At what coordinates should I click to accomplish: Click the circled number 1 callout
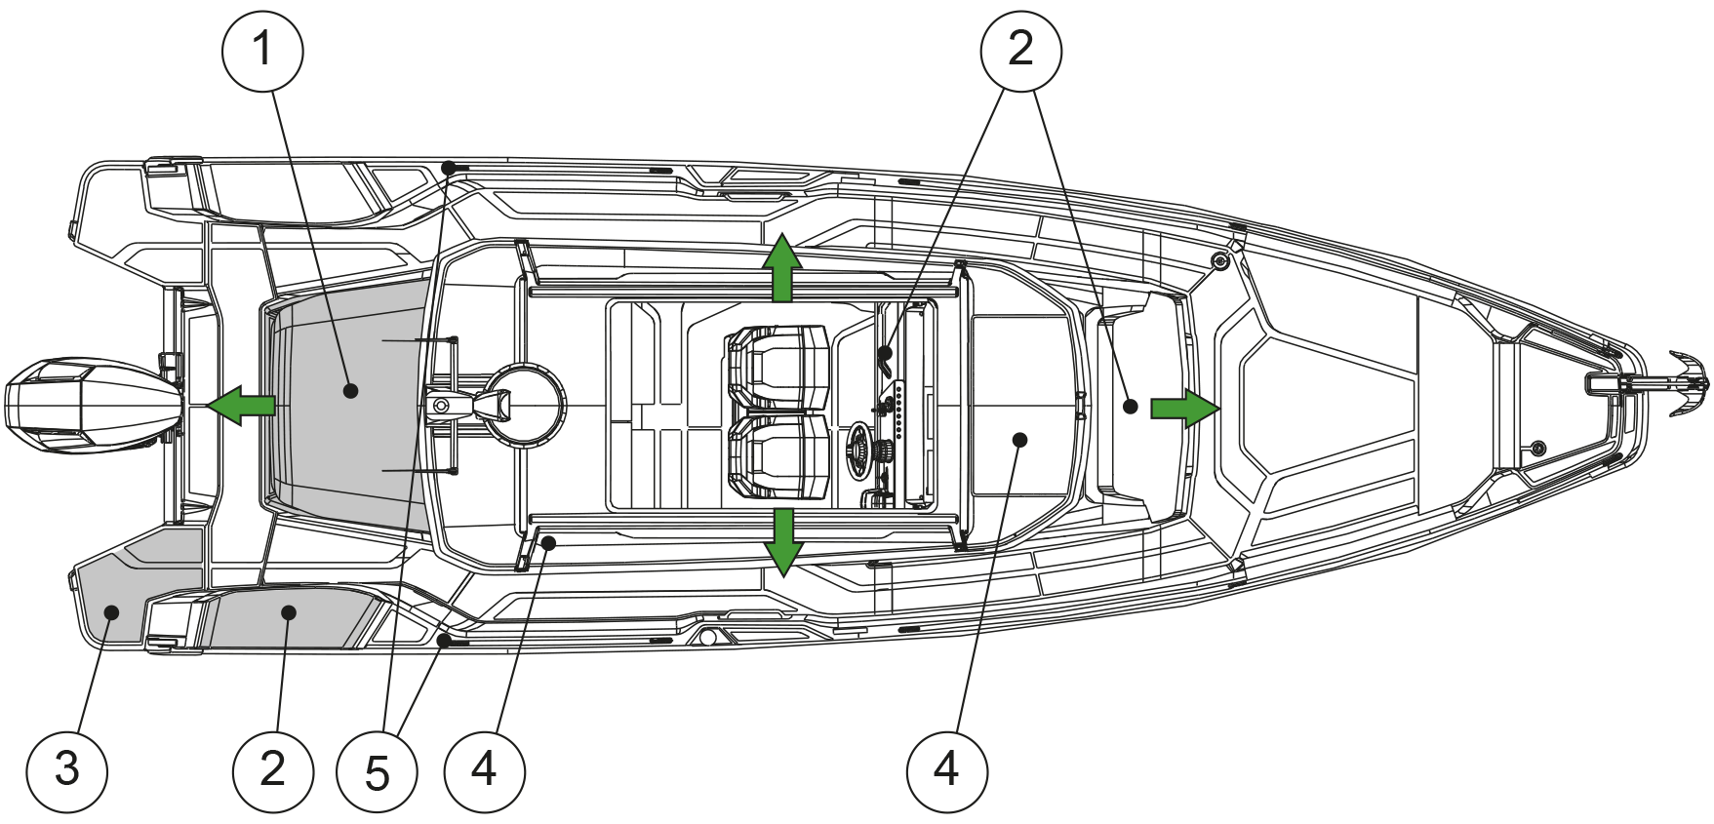pyautogui.click(x=262, y=50)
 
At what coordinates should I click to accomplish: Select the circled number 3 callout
pyautogui.click(x=66, y=769)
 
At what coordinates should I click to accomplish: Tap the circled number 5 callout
pyautogui.click(x=377, y=772)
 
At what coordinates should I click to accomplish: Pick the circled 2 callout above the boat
pyautogui.click(x=1020, y=50)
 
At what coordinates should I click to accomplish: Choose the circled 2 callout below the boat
pyautogui.click(x=273, y=769)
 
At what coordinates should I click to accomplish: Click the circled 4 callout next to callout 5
pyautogui.click(x=484, y=771)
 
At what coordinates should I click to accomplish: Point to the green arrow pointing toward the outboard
pyautogui.click(x=241, y=405)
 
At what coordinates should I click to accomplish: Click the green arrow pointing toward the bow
pyautogui.click(x=1184, y=407)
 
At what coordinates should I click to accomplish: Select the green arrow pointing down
pyautogui.click(x=782, y=542)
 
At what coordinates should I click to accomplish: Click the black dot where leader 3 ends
pyautogui.click(x=111, y=612)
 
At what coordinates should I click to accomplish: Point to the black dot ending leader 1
pyautogui.click(x=350, y=391)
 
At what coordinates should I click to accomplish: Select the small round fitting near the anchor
pyautogui.click(x=1538, y=448)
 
